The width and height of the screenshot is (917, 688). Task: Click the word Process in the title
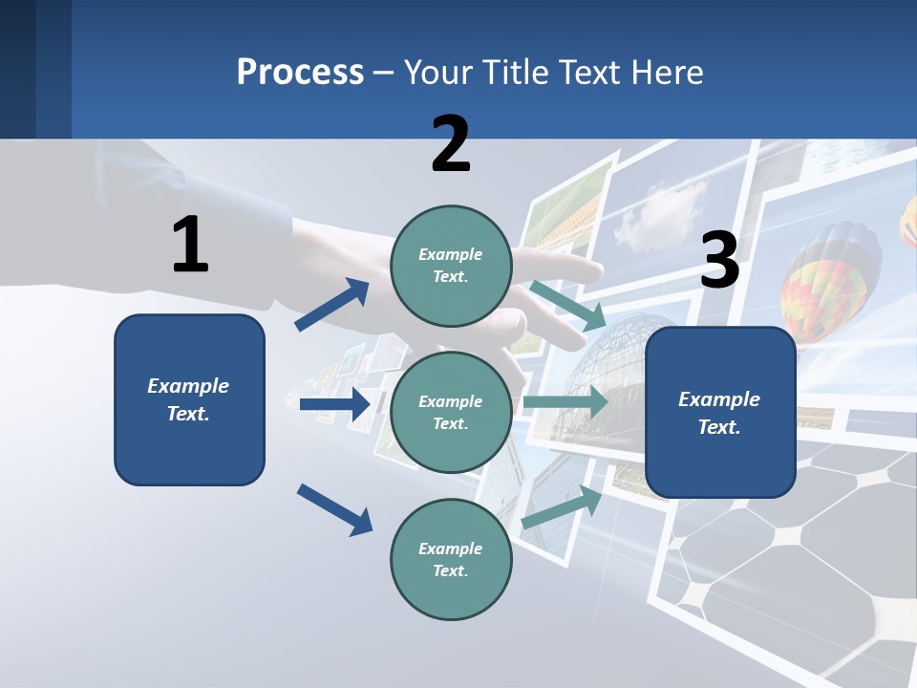(300, 73)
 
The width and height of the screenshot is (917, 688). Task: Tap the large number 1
(190, 245)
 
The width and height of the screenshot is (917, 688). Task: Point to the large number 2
(451, 144)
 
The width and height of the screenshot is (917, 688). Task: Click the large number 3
(719, 261)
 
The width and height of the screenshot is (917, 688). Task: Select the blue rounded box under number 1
(189, 399)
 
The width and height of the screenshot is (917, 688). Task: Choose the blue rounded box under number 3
(720, 412)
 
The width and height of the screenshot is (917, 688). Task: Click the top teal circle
(451, 266)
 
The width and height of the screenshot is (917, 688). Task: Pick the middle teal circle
(451, 412)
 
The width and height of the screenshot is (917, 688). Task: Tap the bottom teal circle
(451, 559)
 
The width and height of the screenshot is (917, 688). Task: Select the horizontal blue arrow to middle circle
(334, 404)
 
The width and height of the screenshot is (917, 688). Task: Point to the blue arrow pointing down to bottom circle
(334, 509)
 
